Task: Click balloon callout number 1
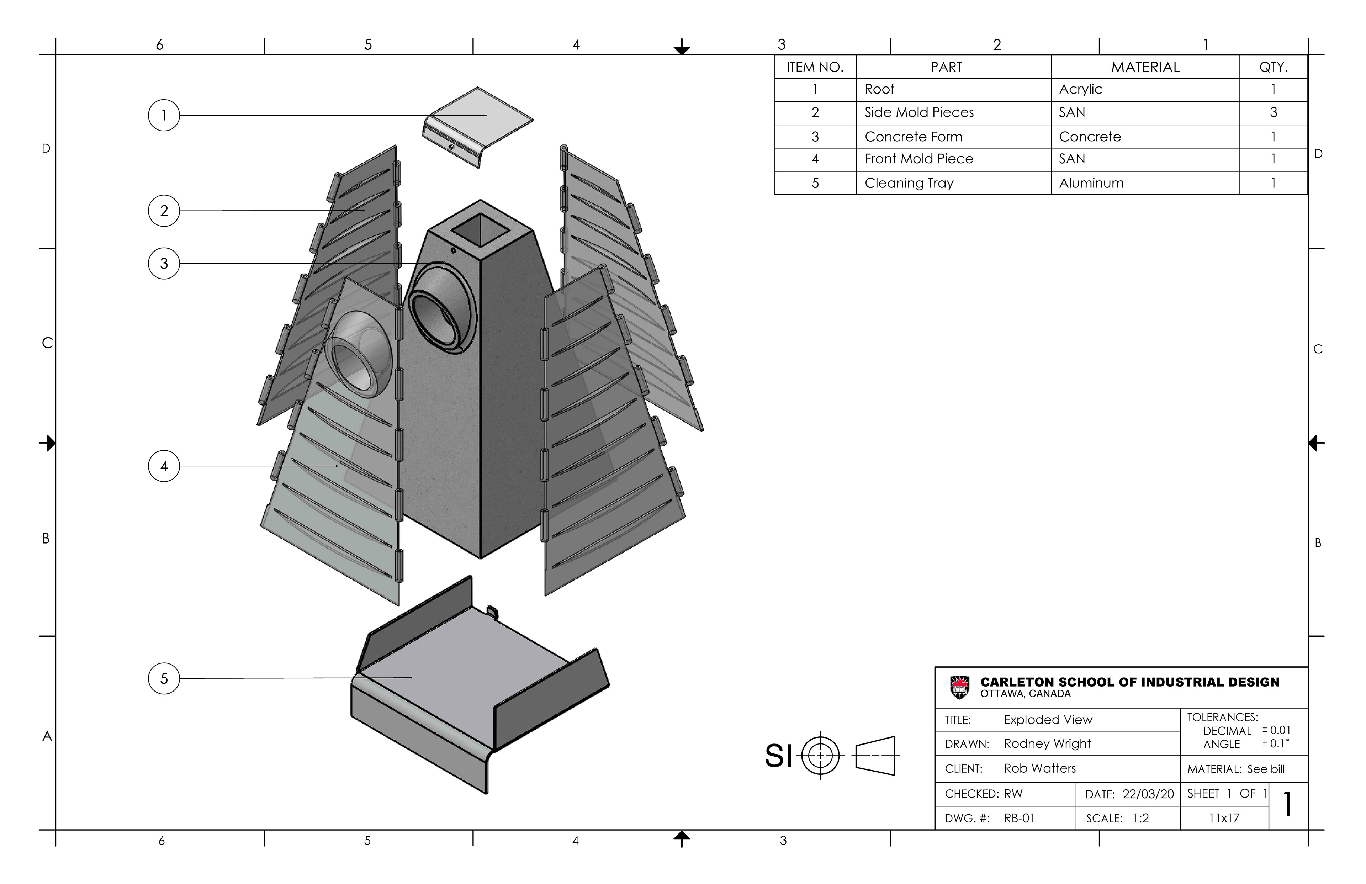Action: tap(164, 115)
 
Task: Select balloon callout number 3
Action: tap(164, 264)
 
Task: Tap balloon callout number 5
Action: tap(164, 678)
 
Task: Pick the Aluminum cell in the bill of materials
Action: tap(1091, 183)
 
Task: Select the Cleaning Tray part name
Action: tap(909, 183)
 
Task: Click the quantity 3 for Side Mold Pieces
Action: tap(1273, 112)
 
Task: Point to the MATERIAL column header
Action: tap(1145, 67)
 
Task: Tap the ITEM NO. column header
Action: tap(815, 67)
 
